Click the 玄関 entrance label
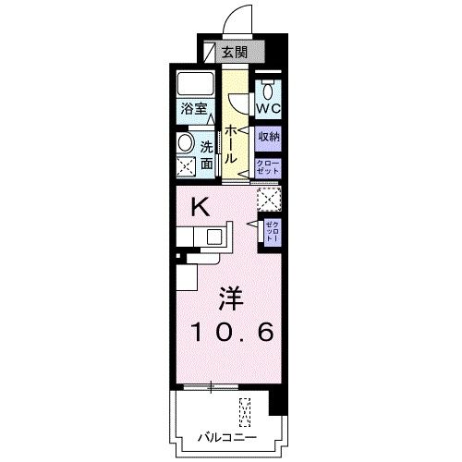click(235, 51)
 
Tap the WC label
click(269, 107)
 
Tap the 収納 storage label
click(269, 136)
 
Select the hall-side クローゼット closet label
click(269, 167)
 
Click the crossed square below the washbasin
click(186, 167)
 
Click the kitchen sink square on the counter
click(215, 237)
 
